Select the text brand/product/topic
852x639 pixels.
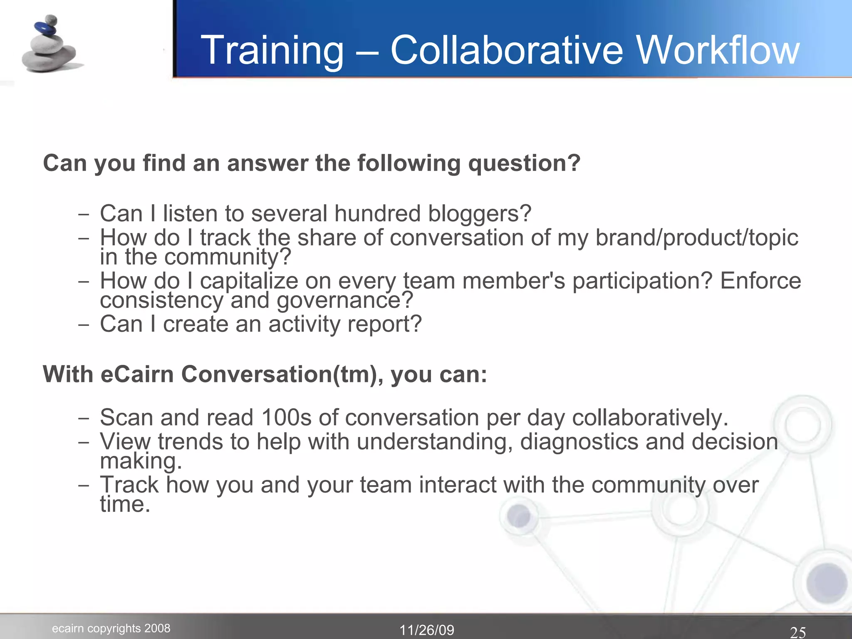[697, 238]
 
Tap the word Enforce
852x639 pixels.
[760, 281]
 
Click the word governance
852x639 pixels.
[345, 300]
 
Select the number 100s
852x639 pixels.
[286, 417]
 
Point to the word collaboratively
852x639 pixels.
[650, 417]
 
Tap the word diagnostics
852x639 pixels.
[579, 442]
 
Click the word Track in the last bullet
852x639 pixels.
[129, 485]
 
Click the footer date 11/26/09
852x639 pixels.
[427, 630]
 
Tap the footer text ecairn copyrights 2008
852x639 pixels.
[111, 628]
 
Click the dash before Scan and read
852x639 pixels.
[83, 418]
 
